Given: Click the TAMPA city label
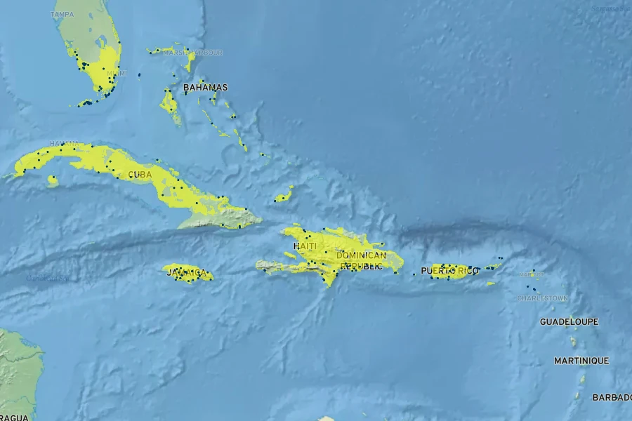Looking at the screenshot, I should [62, 14].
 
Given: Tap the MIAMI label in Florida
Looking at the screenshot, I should [117, 73].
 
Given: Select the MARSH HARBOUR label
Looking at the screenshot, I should [193, 53].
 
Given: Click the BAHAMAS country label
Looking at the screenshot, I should [205, 88].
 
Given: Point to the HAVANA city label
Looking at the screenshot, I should [64, 143].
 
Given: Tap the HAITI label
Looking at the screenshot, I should [305, 246].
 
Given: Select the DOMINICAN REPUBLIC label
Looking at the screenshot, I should [361, 260].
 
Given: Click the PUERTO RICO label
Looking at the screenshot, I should [449, 271].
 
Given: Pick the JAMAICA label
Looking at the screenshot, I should [187, 272].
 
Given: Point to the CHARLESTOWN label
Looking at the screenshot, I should [542, 298].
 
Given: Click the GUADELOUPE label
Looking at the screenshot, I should [569, 321].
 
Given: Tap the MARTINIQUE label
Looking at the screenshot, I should [581, 361].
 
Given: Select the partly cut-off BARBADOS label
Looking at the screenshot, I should [612, 397].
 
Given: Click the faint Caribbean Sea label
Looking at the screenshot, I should [46, 278].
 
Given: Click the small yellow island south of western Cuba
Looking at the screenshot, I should [52, 180].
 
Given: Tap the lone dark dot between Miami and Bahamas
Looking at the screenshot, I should [139, 74].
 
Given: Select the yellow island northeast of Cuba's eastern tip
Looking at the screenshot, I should [284, 196].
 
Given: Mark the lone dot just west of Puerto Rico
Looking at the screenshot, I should [414, 274].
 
